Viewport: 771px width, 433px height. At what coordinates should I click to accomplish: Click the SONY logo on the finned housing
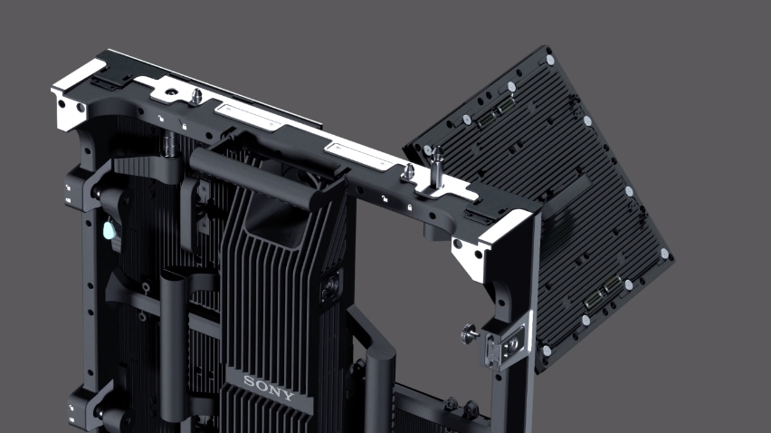[269, 388]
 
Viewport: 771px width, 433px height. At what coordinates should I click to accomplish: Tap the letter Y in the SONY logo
[288, 395]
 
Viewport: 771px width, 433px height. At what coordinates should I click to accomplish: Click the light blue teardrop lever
[109, 230]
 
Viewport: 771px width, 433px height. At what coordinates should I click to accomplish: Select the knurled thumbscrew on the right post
[470, 334]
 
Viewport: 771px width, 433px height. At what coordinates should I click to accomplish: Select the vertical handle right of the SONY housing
[379, 389]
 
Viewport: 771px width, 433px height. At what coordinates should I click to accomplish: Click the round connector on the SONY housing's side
[330, 286]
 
